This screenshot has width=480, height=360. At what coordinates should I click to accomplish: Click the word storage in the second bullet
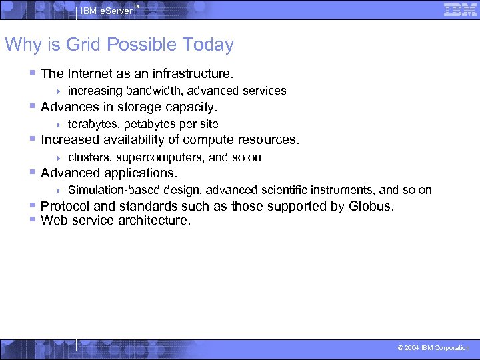[x=139, y=107]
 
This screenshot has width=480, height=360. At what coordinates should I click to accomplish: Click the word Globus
[x=371, y=206]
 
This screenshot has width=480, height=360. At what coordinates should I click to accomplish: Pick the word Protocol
[x=65, y=206]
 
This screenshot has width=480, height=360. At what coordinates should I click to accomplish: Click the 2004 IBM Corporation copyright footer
[x=433, y=348]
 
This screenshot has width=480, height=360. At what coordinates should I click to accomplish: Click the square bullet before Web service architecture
[x=33, y=219]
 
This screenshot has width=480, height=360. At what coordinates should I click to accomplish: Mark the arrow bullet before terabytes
[x=59, y=125]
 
